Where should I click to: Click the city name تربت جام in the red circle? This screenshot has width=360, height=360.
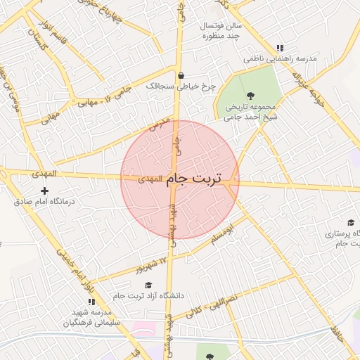[x=193, y=180]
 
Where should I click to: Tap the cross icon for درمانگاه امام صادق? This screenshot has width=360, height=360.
[x=45, y=191]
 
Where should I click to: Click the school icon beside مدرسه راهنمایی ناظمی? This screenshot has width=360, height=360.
[x=280, y=48]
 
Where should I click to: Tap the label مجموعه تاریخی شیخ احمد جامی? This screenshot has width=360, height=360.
[x=248, y=112]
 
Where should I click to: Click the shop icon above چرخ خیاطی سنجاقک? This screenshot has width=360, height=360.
[x=181, y=75]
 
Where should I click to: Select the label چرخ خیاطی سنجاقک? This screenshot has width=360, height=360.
[x=179, y=86]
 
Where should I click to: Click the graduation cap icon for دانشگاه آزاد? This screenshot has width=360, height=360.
[x=148, y=285]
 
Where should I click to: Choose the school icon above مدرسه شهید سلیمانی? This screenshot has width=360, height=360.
[x=91, y=302]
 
